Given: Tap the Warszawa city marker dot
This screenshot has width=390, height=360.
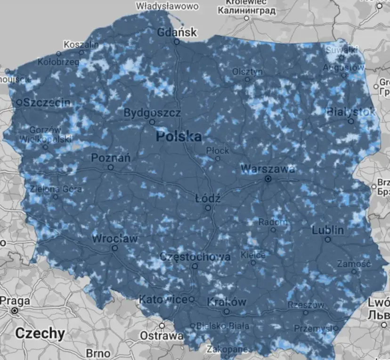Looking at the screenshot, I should (x=268, y=179).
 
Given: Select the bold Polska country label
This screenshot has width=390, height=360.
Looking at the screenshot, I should (x=179, y=137).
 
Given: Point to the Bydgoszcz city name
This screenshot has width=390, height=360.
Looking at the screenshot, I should (x=152, y=113).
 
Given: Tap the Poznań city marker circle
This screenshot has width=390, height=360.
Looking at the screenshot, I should (x=111, y=167).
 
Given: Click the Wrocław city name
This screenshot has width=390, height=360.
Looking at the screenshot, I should (x=115, y=239).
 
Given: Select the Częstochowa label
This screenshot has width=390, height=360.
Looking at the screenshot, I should (x=195, y=257).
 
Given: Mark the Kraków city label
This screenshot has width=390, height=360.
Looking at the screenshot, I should (x=227, y=302).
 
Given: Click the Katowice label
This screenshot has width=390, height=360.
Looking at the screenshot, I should (x=163, y=299).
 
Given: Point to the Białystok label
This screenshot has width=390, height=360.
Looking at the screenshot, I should (x=351, y=112).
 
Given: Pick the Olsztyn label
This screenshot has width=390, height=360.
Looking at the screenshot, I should (x=247, y=72).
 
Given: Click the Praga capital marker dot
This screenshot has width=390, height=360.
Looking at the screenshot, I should (x=15, y=311).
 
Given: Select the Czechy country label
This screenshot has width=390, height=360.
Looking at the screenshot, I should (x=40, y=333).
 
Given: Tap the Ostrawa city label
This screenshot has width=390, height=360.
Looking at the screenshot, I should (x=162, y=336).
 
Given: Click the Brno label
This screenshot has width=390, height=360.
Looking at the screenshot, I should (x=98, y=353).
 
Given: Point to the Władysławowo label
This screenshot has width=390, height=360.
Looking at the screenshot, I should (x=167, y=6).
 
